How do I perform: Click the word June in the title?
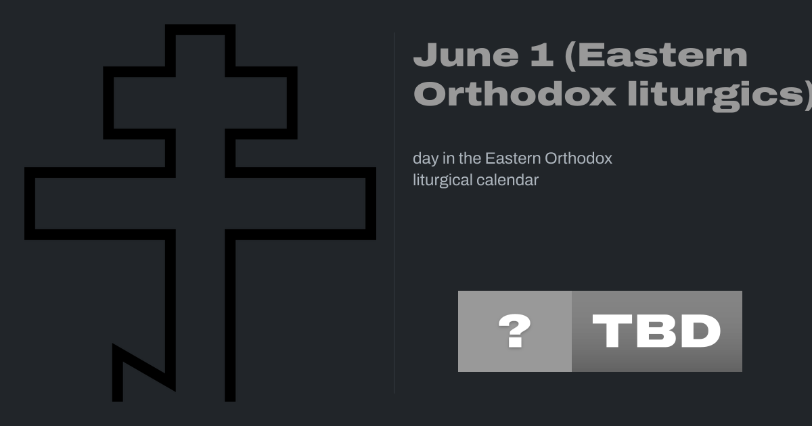point(466,55)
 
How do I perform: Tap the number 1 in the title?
point(542,55)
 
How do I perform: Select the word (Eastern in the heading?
point(656,55)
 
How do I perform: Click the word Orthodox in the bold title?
point(514,94)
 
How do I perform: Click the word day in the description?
point(426,159)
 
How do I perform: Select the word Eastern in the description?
point(513,158)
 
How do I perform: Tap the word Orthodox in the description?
point(579,158)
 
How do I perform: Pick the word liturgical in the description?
point(443,181)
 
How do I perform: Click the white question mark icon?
point(514,331)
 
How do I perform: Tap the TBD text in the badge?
point(656,331)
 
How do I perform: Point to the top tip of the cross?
point(200,26)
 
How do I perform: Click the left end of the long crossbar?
point(26,204)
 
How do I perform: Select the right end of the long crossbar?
point(374,204)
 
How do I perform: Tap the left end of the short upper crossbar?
point(105,103)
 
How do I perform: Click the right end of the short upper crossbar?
point(296,103)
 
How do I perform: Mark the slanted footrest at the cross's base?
point(144,367)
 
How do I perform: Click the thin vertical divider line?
point(394,213)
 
